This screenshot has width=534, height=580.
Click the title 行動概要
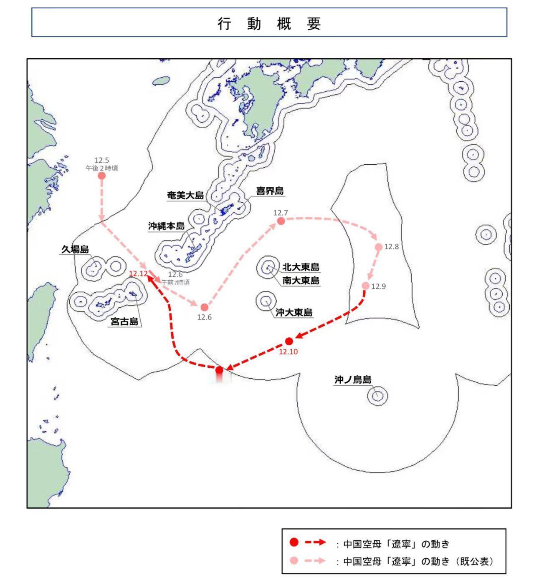click(269, 23)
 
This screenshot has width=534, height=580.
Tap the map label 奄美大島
click(185, 195)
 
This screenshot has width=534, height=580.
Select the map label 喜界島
click(270, 191)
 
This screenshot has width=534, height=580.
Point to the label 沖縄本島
click(166, 226)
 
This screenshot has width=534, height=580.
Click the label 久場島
click(75, 249)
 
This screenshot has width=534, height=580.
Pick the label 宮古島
click(124, 321)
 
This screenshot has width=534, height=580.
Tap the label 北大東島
click(301, 267)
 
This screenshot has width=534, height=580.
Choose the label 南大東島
click(301, 281)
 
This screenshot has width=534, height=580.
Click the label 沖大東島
click(294, 312)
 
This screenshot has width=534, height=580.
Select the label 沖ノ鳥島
click(353, 380)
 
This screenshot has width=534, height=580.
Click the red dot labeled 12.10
click(289, 341)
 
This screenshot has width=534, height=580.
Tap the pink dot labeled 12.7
click(281, 221)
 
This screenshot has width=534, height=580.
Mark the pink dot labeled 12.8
click(379, 247)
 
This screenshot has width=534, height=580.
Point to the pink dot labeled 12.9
click(366, 286)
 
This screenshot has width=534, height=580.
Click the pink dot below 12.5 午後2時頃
click(101, 176)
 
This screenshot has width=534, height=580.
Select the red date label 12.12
click(138, 274)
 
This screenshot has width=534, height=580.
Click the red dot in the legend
click(294, 542)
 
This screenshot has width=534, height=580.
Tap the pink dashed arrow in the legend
click(315, 561)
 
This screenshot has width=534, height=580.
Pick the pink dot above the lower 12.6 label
click(204, 307)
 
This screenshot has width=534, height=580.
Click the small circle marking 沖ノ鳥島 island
click(377, 396)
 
